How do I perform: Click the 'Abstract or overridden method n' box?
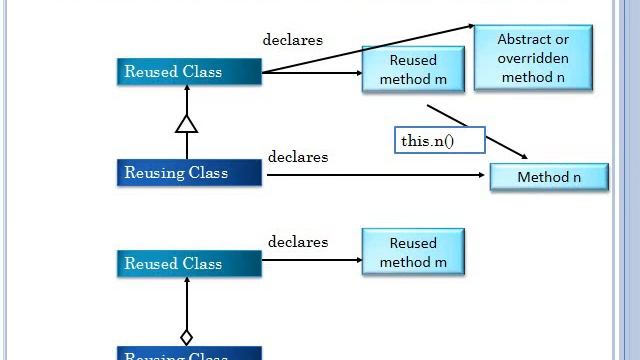(x=533, y=58)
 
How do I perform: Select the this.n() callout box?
(x=440, y=141)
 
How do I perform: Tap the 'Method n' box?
(x=549, y=177)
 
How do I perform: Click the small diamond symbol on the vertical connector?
(x=186, y=337)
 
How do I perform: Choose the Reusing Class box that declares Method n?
(x=189, y=172)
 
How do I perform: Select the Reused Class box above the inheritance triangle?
(x=189, y=72)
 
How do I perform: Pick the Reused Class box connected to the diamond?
(x=189, y=264)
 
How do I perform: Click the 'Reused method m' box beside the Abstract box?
(x=413, y=70)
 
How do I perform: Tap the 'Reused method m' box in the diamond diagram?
(x=413, y=252)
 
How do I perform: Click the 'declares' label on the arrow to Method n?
(x=298, y=157)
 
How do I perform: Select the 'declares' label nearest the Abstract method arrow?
(x=292, y=40)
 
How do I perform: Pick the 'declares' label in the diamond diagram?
(x=298, y=242)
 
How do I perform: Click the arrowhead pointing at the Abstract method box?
(x=470, y=27)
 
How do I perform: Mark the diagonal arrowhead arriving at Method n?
(x=522, y=156)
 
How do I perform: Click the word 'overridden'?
(x=534, y=58)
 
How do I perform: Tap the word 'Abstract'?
(x=534, y=40)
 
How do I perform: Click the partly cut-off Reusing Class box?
(x=189, y=354)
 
